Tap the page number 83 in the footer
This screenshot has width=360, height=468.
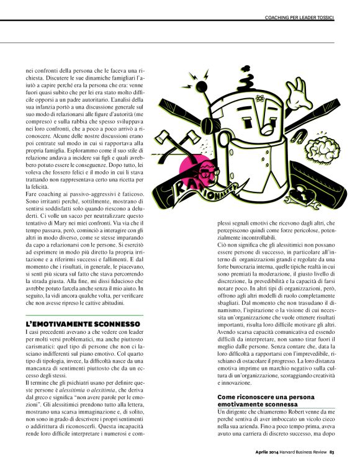[332, 451]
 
